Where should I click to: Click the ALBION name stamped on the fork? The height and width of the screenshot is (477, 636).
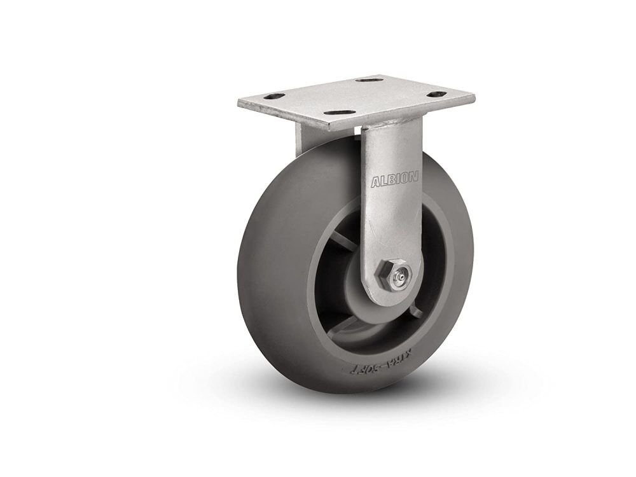pos(394,181)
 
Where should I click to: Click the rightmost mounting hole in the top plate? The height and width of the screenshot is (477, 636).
pos(438,95)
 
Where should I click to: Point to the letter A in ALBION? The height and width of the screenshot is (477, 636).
pos(375,182)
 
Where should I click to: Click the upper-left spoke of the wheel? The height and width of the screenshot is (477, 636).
pos(344,240)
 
